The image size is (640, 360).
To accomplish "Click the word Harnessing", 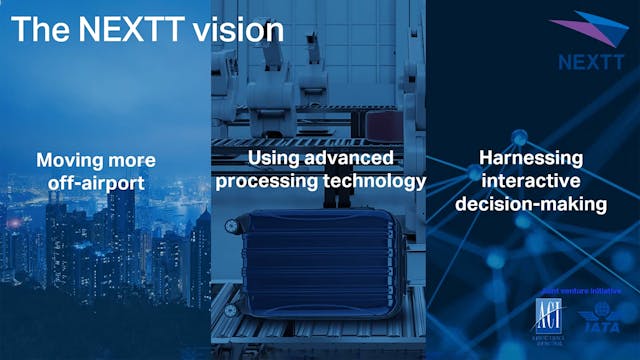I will pos(530,159).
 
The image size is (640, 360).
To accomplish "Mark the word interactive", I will pos(530,181).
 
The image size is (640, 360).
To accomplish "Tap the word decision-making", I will pos(530,204).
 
